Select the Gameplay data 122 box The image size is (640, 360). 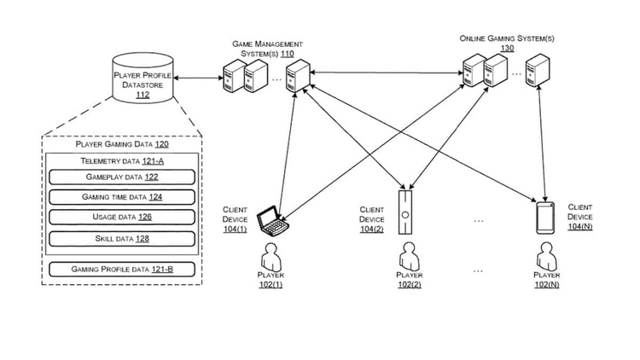(x=120, y=177)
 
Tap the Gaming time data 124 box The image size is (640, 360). (x=120, y=197)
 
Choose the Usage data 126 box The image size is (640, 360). (x=120, y=218)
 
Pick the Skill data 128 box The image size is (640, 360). (x=120, y=238)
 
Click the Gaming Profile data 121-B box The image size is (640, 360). (x=120, y=270)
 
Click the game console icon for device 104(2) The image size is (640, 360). (x=406, y=210)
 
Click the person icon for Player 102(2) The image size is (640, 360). (x=408, y=256)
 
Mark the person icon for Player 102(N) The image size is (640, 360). (x=544, y=256)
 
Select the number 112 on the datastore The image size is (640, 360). (x=143, y=96)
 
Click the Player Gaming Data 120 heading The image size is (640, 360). (x=121, y=146)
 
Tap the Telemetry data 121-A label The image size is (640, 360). (x=120, y=161)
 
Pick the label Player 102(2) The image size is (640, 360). (x=408, y=280)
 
